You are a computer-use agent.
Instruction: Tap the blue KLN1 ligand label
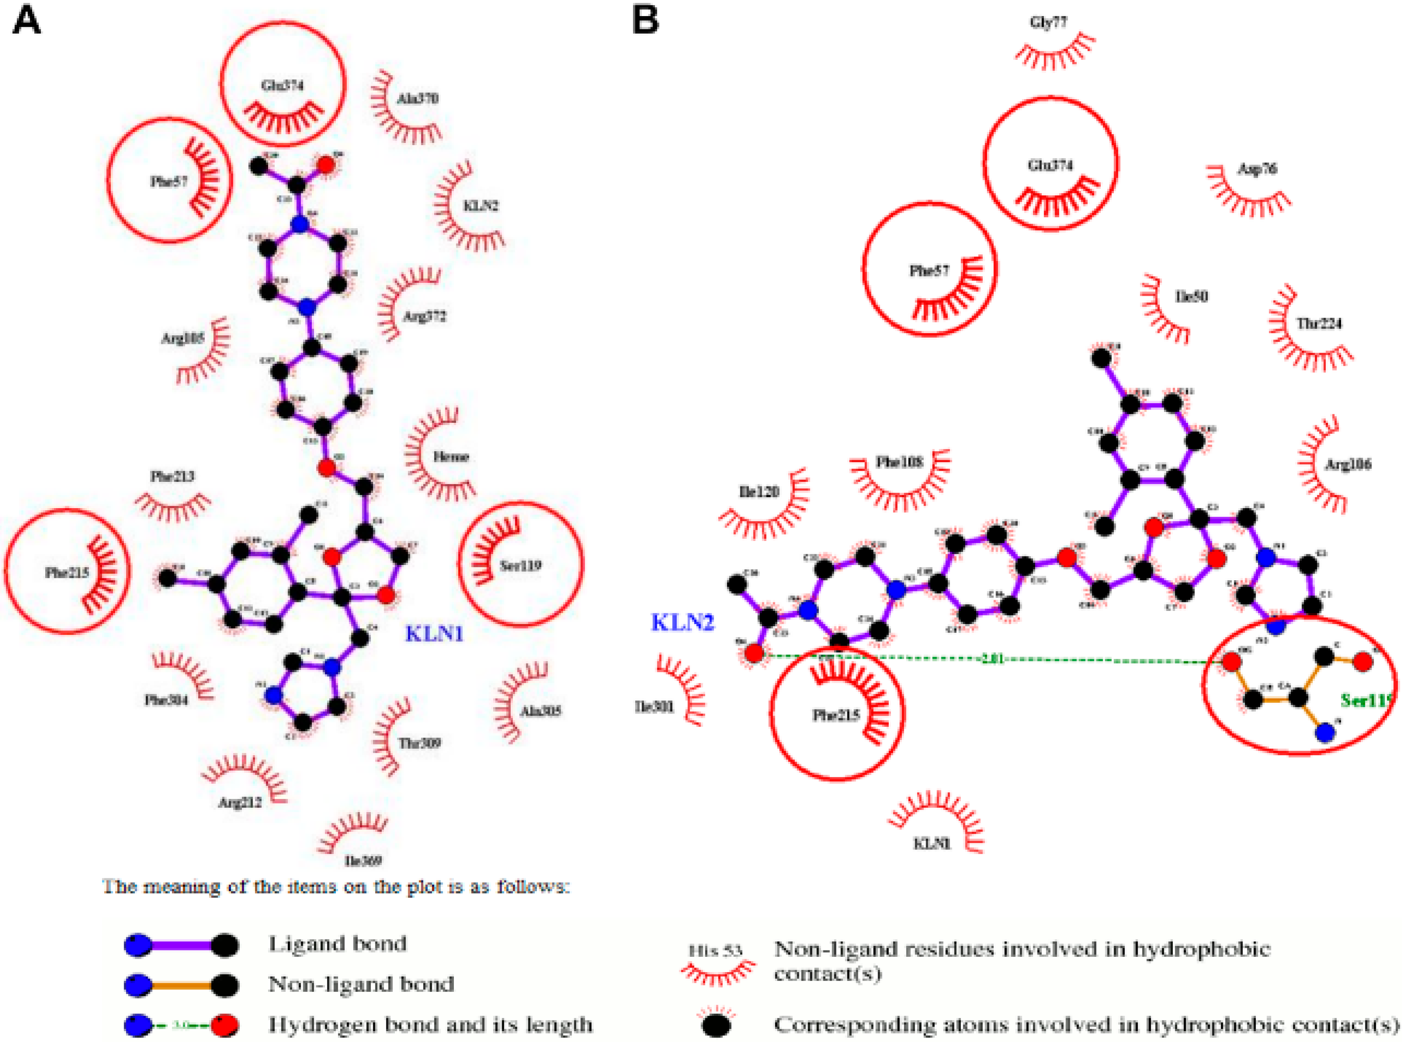[x=434, y=634]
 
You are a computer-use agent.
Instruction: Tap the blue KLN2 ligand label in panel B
[x=682, y=623]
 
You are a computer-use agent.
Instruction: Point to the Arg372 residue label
[x=424, y=316]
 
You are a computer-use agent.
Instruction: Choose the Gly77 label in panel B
[x=1048, y=23]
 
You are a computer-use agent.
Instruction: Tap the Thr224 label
[x=1319, y=323]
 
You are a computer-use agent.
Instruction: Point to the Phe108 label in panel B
[x=899, y=462]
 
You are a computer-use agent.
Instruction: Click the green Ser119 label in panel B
[x=1365, y=700]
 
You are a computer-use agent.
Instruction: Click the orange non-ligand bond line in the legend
[x=182, y=984]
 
